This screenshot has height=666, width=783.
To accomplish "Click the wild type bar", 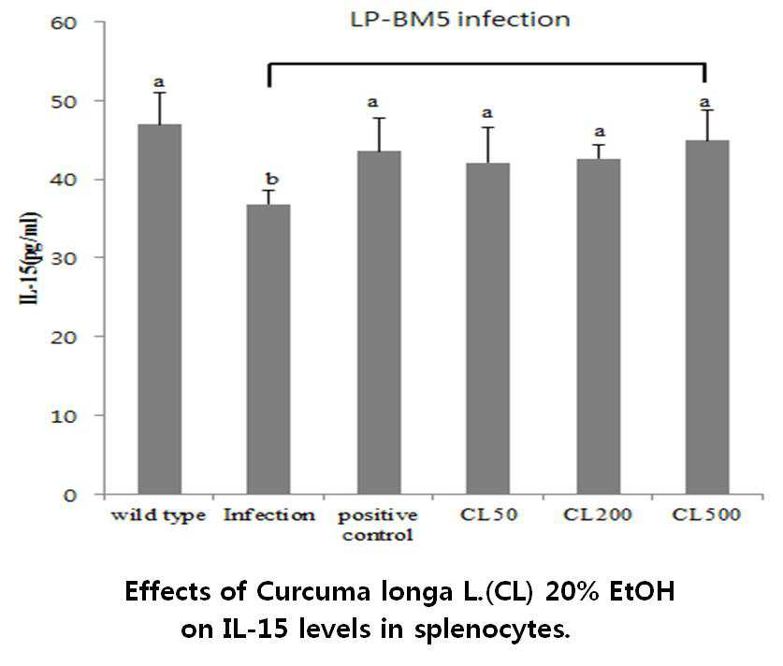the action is (x=160, y=310).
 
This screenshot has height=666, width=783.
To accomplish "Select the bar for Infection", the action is (x=268, y=350).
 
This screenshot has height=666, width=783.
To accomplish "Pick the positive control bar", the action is (x=379, y=323).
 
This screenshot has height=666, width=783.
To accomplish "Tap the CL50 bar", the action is (x=488, y=328).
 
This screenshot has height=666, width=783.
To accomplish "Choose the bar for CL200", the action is (x=598, y=326).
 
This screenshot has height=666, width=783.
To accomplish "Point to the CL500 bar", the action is (x=707, y=317).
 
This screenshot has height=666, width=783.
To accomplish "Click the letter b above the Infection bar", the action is (x=271, y=179).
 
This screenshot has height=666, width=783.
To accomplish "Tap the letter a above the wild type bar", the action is (x=159, y=82).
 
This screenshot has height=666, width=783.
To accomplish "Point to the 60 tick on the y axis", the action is (x=64, y=22).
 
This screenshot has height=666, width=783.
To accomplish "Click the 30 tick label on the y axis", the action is (x=64, y=258).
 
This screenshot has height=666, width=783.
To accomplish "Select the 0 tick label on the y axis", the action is (x=70, y=495).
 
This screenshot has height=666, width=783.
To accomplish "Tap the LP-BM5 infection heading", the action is (x=460, y=20).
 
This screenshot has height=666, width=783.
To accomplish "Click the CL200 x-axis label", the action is (x=598, y=514).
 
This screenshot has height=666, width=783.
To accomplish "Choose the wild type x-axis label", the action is (x=158, y=515).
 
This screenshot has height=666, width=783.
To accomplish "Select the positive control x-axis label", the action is (x=378, y=525).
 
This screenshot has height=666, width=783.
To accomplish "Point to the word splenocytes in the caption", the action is (x=492, y=630).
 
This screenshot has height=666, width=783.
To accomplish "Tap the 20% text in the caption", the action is (x=573, y=591).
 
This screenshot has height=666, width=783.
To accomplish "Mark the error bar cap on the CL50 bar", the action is (x=488, y=127).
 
